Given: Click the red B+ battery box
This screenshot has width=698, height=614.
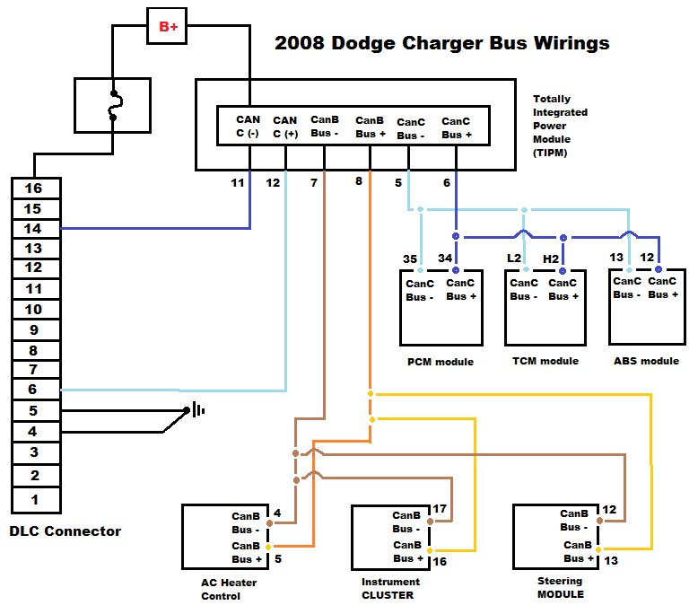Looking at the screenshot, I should (168, 27).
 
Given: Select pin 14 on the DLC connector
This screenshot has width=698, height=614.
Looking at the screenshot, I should (34, 229).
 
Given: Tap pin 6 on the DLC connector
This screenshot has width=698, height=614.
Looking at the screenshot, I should (34, 390).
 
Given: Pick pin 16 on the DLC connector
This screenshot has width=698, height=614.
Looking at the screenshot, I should (34, 189).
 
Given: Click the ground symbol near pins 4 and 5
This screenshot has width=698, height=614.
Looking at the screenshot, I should (195, 410).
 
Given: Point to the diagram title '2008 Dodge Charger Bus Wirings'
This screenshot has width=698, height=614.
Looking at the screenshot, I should (441, 42).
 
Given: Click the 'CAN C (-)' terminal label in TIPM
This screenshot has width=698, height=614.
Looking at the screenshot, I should (248, 127).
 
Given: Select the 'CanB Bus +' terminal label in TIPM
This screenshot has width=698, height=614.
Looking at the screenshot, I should (371, 127).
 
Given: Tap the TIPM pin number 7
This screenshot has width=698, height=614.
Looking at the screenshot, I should (313, 182).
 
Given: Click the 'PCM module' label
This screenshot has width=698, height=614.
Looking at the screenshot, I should (440, 362).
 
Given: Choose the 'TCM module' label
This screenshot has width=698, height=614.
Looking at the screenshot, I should (545, 361).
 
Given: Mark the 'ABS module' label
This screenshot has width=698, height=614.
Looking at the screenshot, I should (646, 361).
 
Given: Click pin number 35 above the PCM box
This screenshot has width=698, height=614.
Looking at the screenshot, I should (410, 259).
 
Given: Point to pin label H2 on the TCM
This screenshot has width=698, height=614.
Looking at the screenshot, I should (551, 259).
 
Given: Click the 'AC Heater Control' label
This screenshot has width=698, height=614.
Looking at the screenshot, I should (228, 589).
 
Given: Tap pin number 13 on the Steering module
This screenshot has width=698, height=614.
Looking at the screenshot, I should (612, 562).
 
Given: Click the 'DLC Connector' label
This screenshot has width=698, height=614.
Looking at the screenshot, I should (65, 531).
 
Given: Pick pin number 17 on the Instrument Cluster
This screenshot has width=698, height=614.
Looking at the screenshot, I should (440, 509).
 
